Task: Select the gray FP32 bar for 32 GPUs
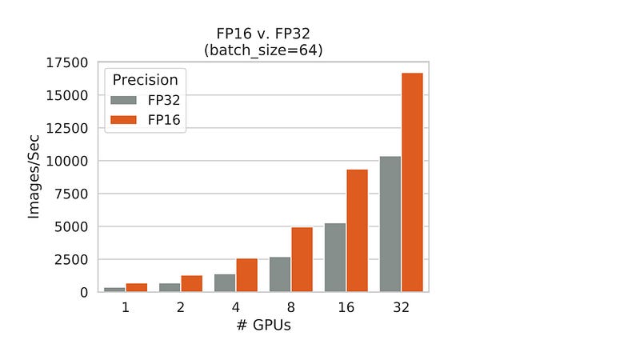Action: click(x=390, y=224)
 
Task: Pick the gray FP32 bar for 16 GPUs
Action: click(x=335, y=258)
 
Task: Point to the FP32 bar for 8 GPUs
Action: click(x=280, y=274)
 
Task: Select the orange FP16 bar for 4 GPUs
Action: click(x=246, y=275)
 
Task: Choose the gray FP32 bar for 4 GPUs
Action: click(x=225, y=283)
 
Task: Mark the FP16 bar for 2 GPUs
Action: click(x=191, y=284)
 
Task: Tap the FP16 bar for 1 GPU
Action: click(x=136, y=288)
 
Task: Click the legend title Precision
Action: click(x=145, y=80)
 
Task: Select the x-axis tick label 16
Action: click(x=346, y=308)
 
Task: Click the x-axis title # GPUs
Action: click(x=263, y=326)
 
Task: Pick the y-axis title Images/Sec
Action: click(x=34, y=177)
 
